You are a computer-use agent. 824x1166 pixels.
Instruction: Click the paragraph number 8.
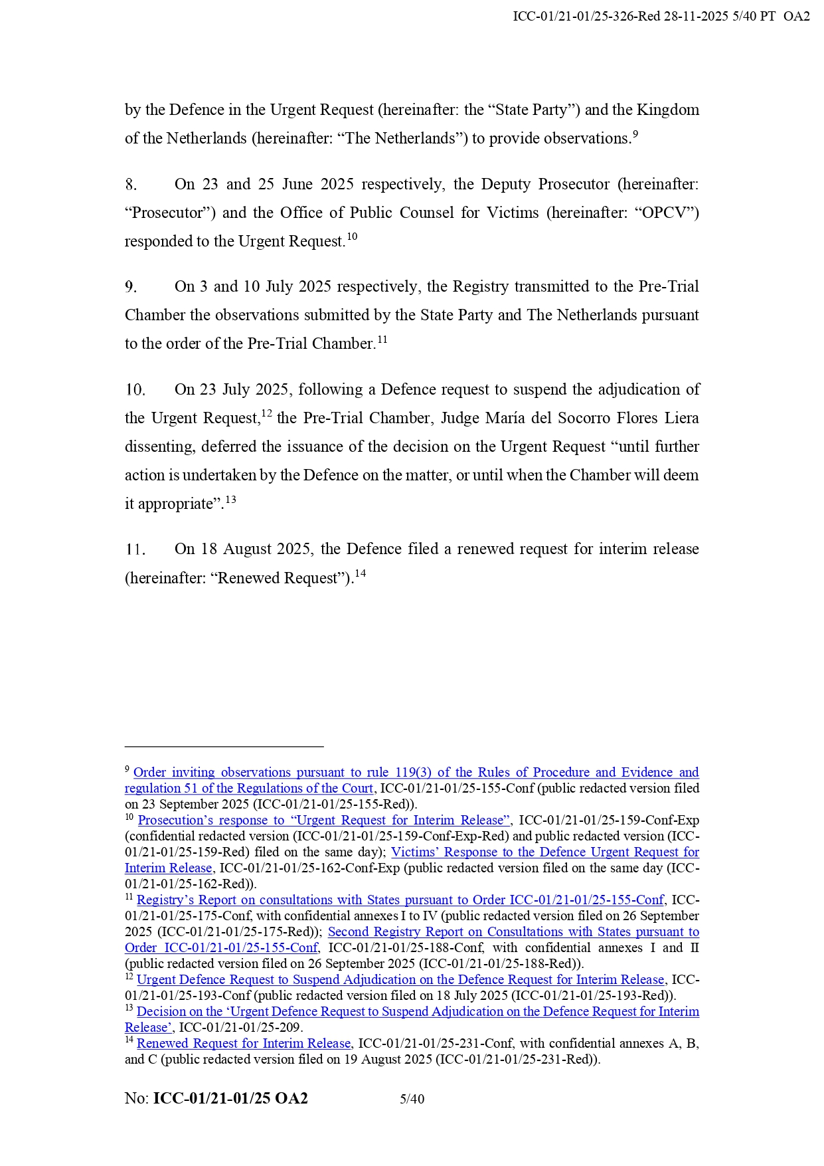point(131,185)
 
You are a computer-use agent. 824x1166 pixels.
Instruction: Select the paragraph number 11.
point(135,549)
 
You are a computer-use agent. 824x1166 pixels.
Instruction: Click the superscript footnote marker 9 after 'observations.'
point(635,134)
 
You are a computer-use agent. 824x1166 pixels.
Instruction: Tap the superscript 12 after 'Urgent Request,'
point(266,413)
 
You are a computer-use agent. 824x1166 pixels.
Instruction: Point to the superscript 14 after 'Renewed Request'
point(360,573)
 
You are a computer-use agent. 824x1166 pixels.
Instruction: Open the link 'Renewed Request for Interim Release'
point(243,1044)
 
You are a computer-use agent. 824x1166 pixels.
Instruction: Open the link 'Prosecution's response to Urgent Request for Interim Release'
point(324,821)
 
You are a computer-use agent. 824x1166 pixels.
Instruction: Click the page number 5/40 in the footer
point(412,1099)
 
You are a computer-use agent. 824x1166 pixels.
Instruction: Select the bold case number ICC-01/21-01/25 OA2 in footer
point(230,1099)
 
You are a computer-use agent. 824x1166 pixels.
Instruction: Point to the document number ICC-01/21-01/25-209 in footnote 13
point(240,1028)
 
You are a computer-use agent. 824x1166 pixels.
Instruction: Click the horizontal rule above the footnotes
point(224,747)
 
